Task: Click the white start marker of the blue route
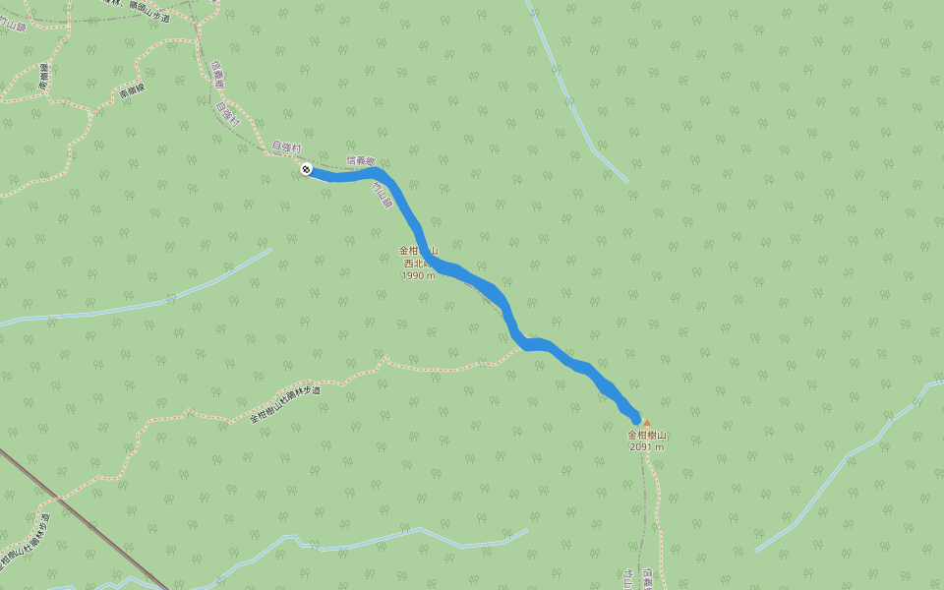(307, 170)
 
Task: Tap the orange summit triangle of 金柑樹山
(646, 423)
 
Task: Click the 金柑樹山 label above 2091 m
(647, 435)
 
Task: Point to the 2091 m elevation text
(647, 447)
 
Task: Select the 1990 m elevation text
(418, 276)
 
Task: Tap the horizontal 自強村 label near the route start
(286, 147)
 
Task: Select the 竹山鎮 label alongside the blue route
(382, 198)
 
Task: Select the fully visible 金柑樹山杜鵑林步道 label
(285, 403)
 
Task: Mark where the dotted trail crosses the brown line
(58, 501)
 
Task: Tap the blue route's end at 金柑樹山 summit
(636, 419)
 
